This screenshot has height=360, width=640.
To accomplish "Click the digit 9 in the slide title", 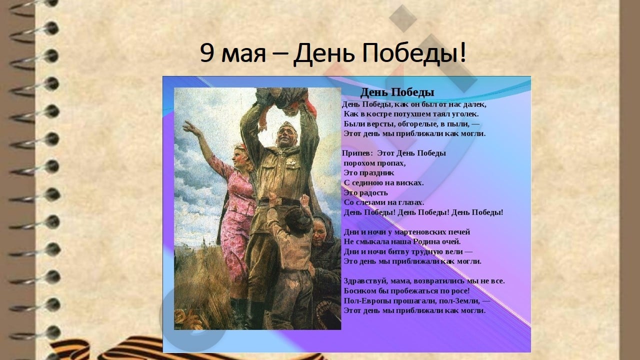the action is (x=207, y=52).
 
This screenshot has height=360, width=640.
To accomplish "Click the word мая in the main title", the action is (x=243, y=55).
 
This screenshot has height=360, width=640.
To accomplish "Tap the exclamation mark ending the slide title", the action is (x=463, y=52).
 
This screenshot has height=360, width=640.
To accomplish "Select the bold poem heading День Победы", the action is (x=397, y=92).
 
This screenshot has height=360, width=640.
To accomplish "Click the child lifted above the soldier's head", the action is (x=285, y=100).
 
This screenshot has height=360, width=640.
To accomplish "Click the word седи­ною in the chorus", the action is (x=366, y=183).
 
